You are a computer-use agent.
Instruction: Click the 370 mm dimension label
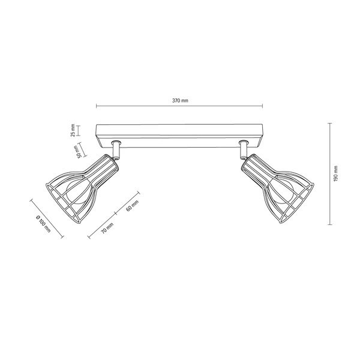click(x=179, y=101)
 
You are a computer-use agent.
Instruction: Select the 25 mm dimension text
click(x=73, y=131)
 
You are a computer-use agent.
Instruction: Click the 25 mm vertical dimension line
click(x=78, y=131)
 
